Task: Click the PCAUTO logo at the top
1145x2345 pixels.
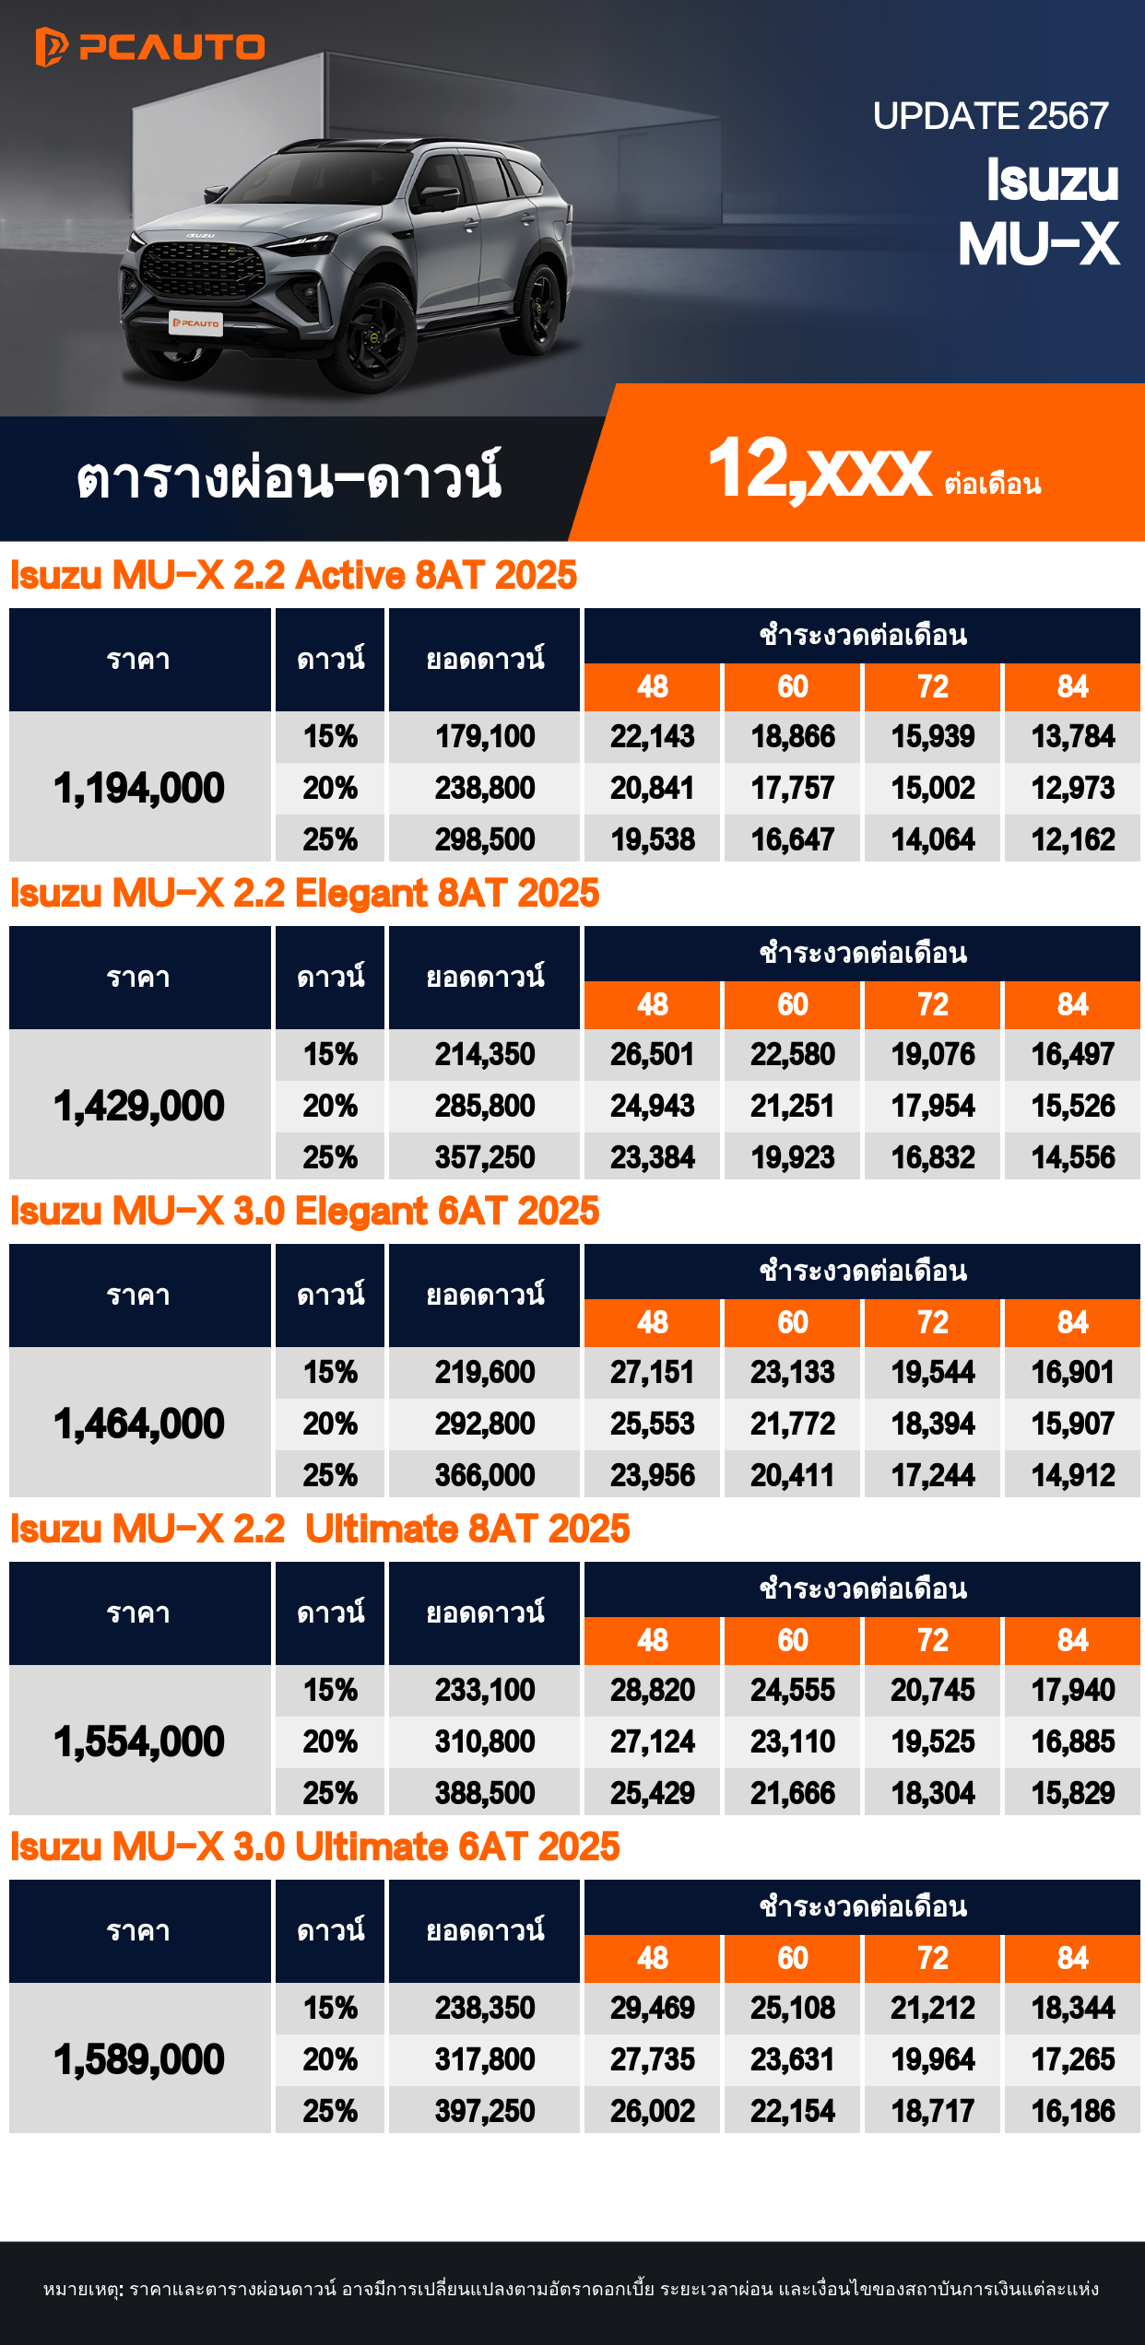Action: click(150, 46)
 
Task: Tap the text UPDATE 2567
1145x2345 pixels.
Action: click(990, 116)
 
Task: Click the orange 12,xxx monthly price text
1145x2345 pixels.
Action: click(820, 469)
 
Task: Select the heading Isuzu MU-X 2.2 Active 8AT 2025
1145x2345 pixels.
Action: click(293, 576)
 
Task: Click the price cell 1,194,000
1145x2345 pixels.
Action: click(139, 788)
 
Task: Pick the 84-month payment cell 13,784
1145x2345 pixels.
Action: click(1072, 736)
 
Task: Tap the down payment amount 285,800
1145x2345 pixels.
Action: click(485, 1106)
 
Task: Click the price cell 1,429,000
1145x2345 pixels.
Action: click(139, 1106)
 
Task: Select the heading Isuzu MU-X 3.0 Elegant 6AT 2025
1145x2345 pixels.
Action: click(304, 1212)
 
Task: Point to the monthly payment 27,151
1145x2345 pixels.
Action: click(652, 1372)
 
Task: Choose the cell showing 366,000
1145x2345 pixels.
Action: click(485, 1475)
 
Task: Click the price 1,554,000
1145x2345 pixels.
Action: click(139, 1741)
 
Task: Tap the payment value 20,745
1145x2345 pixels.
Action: click(932, 1690)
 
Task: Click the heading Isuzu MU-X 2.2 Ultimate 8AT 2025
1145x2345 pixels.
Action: click(319, 1530)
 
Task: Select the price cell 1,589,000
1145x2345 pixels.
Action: click(139, 2059)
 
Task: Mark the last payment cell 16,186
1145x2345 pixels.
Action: click(1072, 2111)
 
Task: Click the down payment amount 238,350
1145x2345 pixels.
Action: click(485, 2008)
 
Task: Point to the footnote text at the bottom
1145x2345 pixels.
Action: click(572, 2290)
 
